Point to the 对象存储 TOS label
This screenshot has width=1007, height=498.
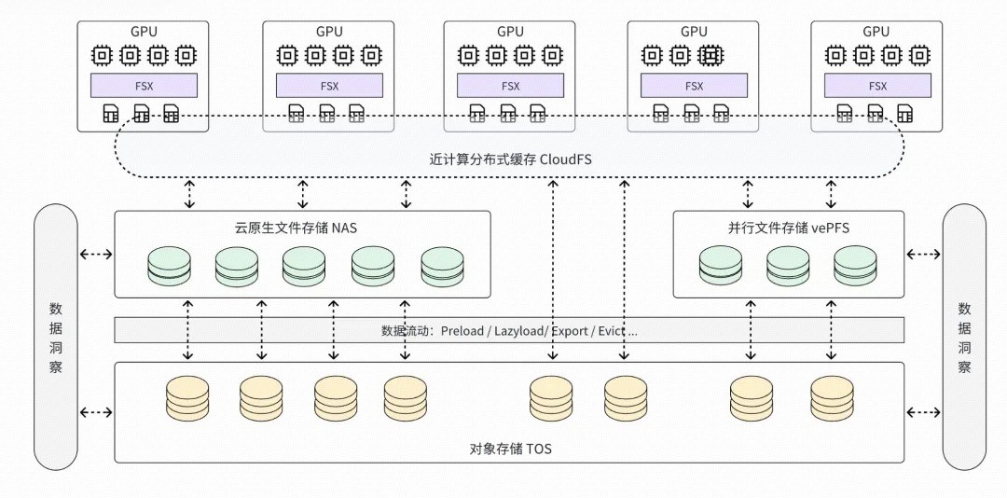(x=511, y=449)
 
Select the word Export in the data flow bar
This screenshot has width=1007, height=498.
(x=569, y=331)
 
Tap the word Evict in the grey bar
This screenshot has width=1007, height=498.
(x=610, y=331)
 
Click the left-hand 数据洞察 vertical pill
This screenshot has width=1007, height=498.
(x=56, y=338)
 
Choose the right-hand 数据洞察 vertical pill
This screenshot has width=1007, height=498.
(x=964, y=338)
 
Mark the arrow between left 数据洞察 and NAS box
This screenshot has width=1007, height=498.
(x=96, y=255)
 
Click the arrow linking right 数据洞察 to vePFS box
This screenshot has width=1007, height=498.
(x=923, y=255)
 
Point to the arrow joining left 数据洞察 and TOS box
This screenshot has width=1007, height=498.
(x=96, y=412)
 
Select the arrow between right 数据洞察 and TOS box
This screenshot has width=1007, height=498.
(x=923, y=412)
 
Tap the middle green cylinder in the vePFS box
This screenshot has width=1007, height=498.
(x=788, y=266)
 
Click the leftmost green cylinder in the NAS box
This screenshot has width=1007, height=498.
(x=170, y=266)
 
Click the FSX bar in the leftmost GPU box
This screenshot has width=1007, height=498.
(x=144, y=86)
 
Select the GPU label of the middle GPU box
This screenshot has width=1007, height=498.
(x=510, y=32)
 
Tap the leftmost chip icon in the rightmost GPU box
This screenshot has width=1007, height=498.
(x=835, y=55)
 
